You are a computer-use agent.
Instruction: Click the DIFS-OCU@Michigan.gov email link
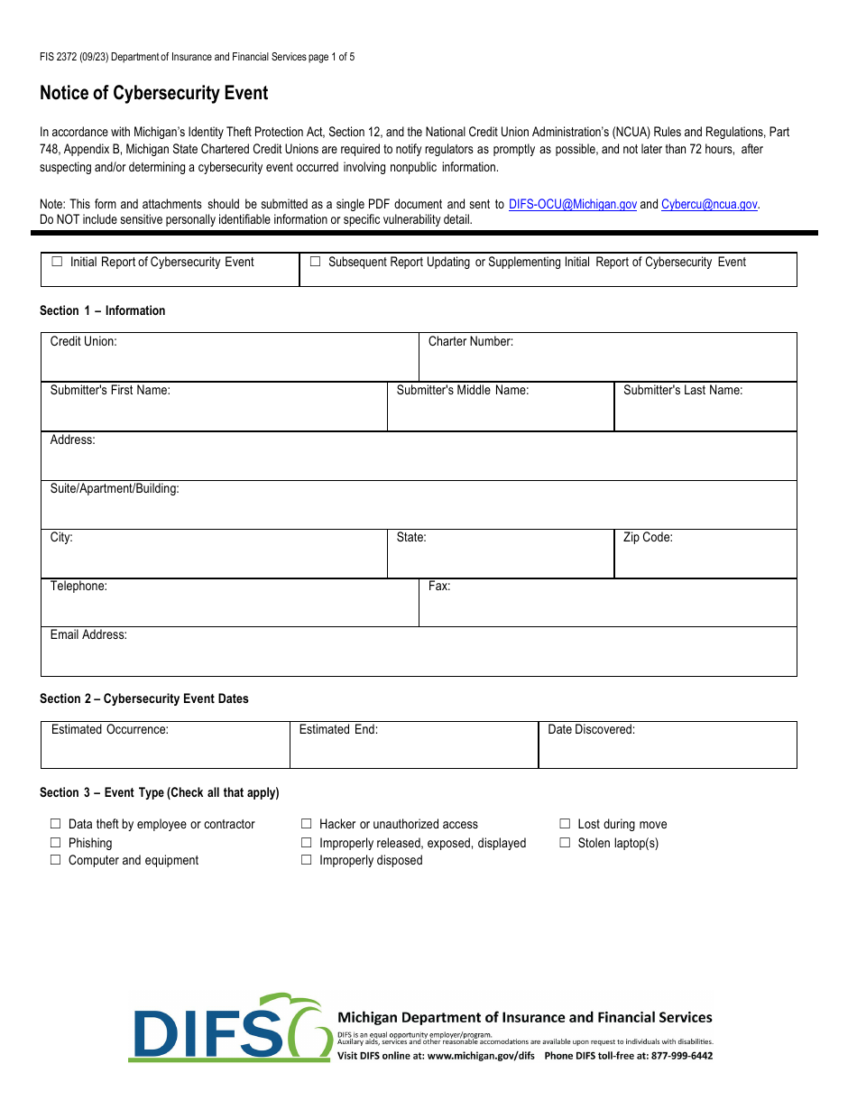coord(572,205)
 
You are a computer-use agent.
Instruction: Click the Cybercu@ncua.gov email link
coord(709,205)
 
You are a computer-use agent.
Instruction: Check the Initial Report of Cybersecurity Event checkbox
coord(57,262)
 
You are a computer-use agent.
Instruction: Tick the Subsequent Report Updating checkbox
coord(315,262)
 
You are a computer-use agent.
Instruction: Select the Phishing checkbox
coord(55,843)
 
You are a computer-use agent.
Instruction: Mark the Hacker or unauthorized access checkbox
coord(307,824)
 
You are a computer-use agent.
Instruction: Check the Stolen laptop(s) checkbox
coord(565,843)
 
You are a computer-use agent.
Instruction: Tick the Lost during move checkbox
coord(565,824)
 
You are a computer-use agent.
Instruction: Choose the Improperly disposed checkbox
coord(307,860)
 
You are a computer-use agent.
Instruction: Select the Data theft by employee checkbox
coord(55,824)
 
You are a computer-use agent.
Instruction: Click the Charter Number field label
coord(470,342)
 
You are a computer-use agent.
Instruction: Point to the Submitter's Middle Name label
coord(462,391)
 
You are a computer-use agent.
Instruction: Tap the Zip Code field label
coord(648,538)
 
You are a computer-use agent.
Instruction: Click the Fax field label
coord(439,587)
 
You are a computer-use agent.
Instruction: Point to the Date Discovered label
coord(591,730)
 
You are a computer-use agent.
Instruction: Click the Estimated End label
coord(338,730)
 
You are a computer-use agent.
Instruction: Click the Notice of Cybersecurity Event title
coord(153,94)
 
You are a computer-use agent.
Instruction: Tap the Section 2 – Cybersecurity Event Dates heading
coord(144,699)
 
